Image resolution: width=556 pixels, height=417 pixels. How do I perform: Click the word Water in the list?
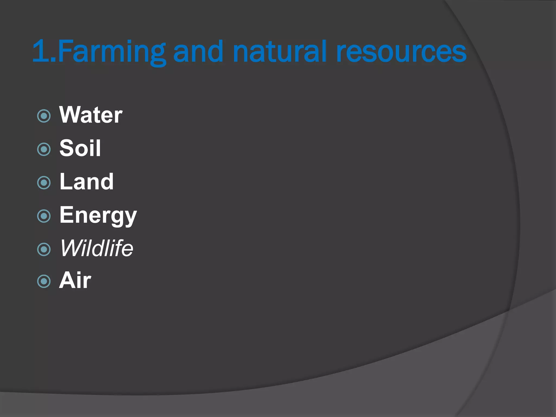pos(91,115)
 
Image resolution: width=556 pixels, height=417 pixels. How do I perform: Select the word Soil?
pos(80,148)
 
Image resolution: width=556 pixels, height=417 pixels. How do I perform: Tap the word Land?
pos(86,182)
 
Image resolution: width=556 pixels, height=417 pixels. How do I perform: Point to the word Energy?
pos(98,215)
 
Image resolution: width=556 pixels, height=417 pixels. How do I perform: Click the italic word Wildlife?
pos(97,248)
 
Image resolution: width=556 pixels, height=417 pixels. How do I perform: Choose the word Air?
pos(75,280)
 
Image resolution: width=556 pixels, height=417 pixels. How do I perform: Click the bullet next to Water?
pos(44,116)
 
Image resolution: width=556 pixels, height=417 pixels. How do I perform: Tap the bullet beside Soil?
pos(44,149)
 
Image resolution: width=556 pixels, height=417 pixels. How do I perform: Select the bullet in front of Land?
pos(44,183)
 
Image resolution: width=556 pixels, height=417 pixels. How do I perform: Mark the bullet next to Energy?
pos(44,216)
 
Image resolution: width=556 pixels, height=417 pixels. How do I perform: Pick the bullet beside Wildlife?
pos(44,249)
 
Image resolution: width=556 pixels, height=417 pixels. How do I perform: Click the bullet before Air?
pos(44,281)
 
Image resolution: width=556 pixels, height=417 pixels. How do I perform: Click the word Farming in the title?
pos(111,52)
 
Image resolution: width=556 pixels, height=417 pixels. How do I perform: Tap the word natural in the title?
pos(280,52)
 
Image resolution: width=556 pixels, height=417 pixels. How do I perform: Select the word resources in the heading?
pos(401,52)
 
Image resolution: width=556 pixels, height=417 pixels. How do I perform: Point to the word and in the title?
pos(198,52)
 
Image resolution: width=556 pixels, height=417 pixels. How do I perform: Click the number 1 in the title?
pos(39,51)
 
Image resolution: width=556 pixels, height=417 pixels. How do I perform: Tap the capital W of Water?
pos(69,115)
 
